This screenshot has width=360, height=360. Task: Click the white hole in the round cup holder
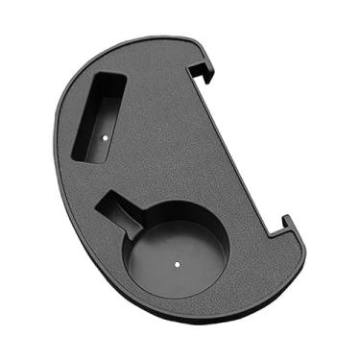(178, 258)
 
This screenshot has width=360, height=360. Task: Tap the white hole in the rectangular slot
(104, 136)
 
